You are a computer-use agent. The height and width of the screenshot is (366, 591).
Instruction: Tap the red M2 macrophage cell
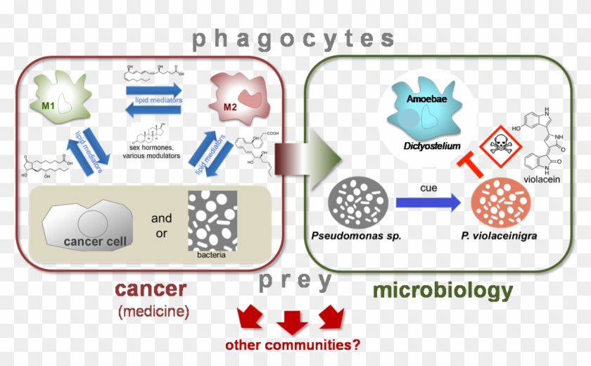pos(236,99)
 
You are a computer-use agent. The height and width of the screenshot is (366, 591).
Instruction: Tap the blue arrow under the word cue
pos(426,203)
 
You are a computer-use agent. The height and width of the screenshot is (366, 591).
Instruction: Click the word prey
pos(295,282)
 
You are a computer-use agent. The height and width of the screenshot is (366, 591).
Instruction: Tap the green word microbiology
pos(443,291)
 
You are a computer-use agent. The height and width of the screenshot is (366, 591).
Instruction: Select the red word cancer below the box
pos(151,289)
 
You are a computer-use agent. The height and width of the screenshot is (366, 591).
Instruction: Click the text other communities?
pos(293,345)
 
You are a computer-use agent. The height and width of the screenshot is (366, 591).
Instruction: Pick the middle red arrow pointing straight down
pos(293,323)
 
